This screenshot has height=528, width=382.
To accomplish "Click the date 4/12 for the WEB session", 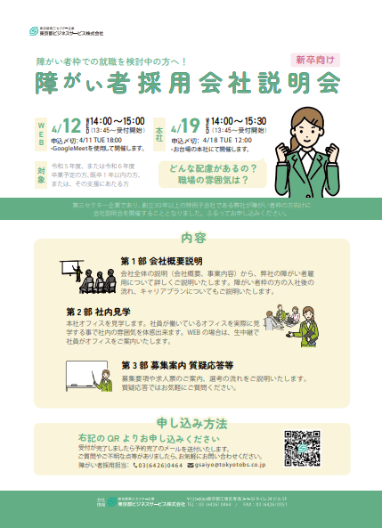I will coord(67,125).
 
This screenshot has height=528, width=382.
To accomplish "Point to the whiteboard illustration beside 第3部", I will coord(84,378).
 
